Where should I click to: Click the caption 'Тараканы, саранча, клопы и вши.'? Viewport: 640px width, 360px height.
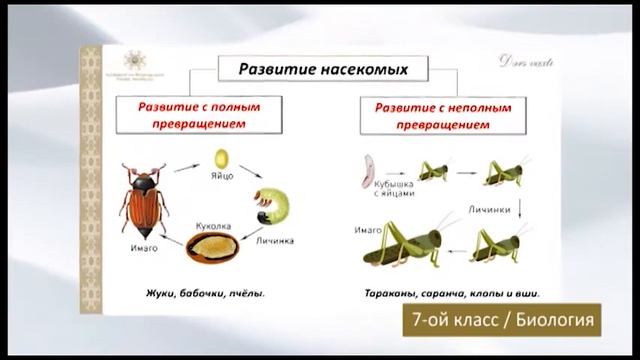pos(447,294)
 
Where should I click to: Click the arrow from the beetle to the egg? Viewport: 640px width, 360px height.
pos(186,167)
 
